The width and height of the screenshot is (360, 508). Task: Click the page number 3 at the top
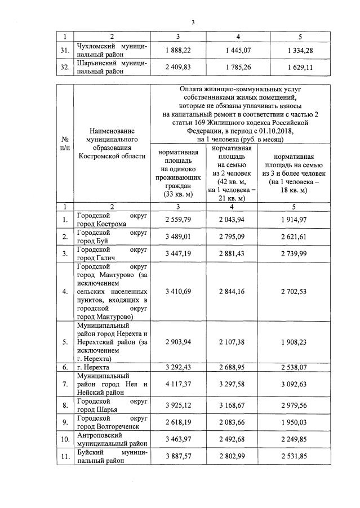(193, 23)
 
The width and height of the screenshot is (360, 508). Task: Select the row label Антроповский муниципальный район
(112, 440)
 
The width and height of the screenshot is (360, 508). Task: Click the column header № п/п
(66, 143)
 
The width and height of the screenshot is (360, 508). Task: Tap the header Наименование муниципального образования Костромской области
(112, 144)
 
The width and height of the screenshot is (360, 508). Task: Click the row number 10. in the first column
(66, 440)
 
